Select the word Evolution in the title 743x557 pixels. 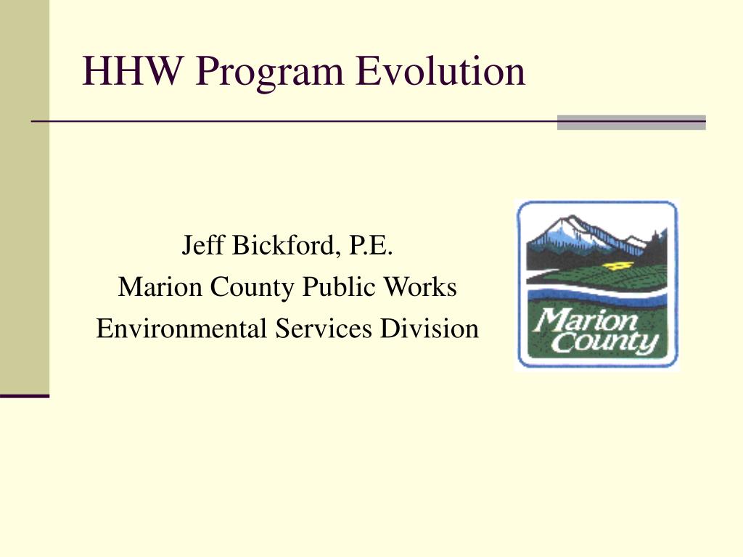click(x=440, y=70)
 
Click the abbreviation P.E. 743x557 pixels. click(x=371, y=245)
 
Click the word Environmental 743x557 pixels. click(x=181, y=329)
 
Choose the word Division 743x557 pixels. click(x=430, y=329)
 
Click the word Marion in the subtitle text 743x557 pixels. click(x=159, y=286)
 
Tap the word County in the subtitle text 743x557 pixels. click(x=252, y=287)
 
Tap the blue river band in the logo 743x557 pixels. click(x=597, y=294)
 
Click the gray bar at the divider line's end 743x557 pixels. click(x=631, y=122)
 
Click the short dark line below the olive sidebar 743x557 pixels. click(x=25, y=395)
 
